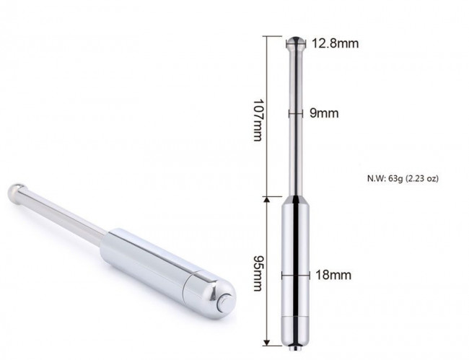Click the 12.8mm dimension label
point(336,44)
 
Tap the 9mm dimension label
point(324,113)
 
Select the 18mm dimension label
point(333,275)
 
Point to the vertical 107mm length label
point(258,120)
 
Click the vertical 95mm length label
point(258,273)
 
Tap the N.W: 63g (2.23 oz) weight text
point(403,178)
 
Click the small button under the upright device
point(296,348)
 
